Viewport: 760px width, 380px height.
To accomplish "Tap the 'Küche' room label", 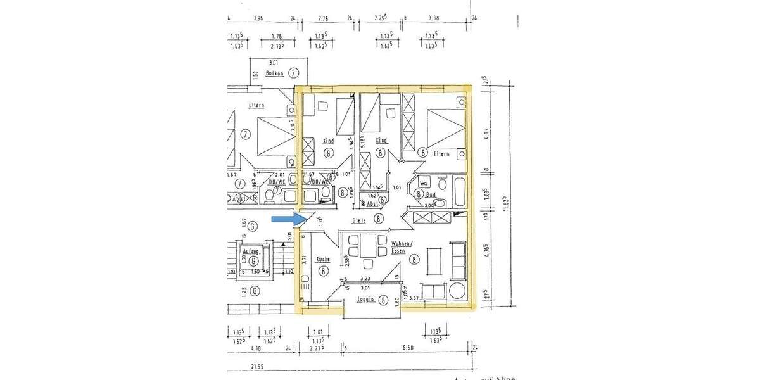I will click(x=323, y=259).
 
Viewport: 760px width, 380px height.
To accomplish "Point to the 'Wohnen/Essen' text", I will click(x=402, y=247).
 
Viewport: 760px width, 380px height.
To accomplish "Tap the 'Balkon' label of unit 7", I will click(x=274, y=73).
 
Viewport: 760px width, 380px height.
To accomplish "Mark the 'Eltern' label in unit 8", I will click(x=441, y=154).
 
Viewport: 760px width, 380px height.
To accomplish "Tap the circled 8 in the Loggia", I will click(x=383, y=301).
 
